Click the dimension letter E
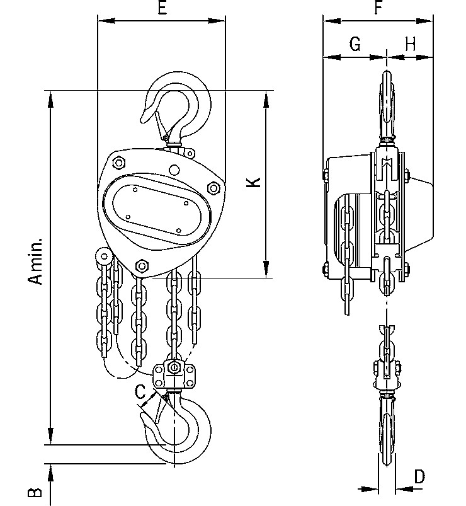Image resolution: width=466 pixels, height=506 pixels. pyautogui.click(x=162, y=8)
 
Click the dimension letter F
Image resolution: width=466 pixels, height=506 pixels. pyautogui.click(x=378, y=8)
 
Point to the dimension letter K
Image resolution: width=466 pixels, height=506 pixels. pyautogui.click(x=253, y=183)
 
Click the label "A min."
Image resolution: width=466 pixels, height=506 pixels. pyautogui.click(x=38, y=261)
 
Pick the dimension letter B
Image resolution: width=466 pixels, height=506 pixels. pyautogui.click(x=36, y=491)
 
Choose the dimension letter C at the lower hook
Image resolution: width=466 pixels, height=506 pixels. pyautogui.click(x=141, y=392)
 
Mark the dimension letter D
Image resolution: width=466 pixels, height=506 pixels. pyautogui.click(x=419, y=476)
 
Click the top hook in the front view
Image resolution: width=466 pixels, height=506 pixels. pyautogui.click(x=183, y=104)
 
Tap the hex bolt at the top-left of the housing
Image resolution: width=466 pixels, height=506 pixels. pyautogui.click(x=118, y=163)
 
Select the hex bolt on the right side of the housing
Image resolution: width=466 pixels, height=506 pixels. pyautogui.click(x=213, y=188)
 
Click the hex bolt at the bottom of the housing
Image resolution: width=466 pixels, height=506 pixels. pyautogui.click(x=142, y=266)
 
